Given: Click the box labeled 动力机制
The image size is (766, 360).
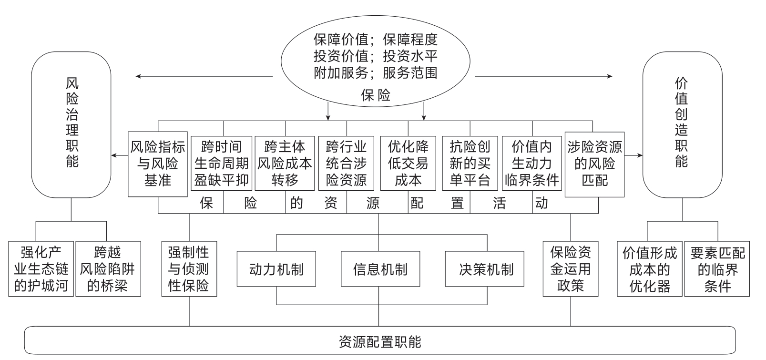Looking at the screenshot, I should [x=276, y=269].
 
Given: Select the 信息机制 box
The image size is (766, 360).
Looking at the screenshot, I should [x=380, y=269].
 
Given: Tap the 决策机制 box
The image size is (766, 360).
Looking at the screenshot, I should [x=486, y=269].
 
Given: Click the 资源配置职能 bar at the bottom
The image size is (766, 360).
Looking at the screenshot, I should [x=380, y=341].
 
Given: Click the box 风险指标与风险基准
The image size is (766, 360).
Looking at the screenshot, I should [x=158, y=164].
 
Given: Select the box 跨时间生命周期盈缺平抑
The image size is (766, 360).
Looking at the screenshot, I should [x=222, y=164].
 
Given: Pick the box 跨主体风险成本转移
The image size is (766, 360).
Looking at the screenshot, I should [x=285, y=164].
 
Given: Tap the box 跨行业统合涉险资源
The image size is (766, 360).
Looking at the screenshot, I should [x=347, y=164].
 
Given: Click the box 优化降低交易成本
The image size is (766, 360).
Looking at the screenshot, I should [x=408, y=164].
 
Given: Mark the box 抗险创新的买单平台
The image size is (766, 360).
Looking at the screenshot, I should [x=470, y=164].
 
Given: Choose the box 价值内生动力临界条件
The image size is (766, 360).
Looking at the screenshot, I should [x=532, y=164].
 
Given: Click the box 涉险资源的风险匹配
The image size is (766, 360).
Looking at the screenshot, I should [x=594, y=164].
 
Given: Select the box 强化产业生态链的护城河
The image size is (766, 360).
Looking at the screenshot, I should [x=41, y=269].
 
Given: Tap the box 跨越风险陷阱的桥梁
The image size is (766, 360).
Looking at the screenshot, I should [x=108, y=269].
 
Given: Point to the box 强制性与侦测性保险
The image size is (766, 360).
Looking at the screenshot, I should [x=189, y=269].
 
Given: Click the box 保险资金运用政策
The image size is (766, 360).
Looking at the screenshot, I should [x=571, y=269].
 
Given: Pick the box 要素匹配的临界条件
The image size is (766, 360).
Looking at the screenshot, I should [x=717, y=269].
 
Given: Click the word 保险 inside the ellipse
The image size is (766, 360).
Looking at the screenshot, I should [x=376, y=96].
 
